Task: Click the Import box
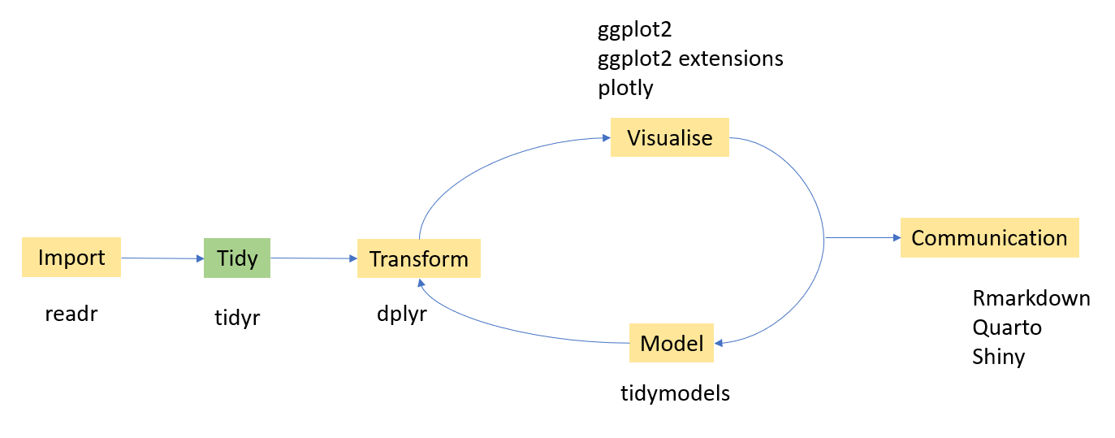71,258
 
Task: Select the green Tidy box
237,258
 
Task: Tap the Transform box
418,259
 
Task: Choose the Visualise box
669,137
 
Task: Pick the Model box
672,343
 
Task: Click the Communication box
989,238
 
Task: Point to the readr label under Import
71,314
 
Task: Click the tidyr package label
237,317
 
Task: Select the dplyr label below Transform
401,314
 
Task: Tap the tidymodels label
675,393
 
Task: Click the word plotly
625,88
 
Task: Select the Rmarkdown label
1031,298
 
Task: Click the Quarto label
1006,327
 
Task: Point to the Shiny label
998,357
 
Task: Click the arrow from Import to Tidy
162,258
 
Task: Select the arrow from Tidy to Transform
313,258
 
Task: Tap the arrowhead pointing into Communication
896,238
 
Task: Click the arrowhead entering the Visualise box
605,138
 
